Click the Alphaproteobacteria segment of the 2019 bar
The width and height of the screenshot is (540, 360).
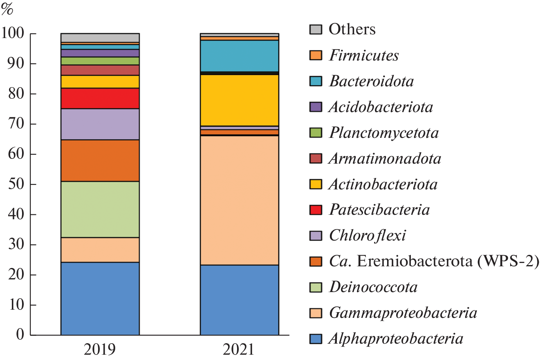point(100,298)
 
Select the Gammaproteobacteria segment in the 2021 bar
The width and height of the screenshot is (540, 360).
point(239,200)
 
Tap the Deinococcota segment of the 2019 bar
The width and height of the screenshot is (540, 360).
point(100,209)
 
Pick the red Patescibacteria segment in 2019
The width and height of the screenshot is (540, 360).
point(100,98)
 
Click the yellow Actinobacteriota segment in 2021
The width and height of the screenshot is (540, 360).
point(239,100)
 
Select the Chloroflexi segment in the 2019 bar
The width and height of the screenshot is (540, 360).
point(100,124)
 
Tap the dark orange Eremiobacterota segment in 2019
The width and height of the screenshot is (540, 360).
point(100,160)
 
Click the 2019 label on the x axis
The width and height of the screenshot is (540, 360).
point(100,350)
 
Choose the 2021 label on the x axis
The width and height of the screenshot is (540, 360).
point(239,350)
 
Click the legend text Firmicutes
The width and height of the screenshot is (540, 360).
point(363,55)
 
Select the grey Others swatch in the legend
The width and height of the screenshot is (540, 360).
point(315,29)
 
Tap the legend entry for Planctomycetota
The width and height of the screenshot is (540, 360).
point(383,133)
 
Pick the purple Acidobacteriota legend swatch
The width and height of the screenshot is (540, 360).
point(315,107)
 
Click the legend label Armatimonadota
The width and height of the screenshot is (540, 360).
point(385,159)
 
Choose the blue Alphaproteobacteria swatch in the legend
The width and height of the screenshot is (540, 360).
point(315,339)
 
